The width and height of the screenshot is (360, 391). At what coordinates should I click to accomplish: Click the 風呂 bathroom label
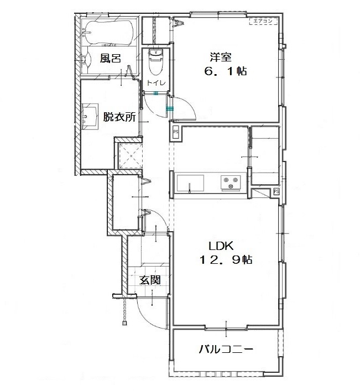(110, 59)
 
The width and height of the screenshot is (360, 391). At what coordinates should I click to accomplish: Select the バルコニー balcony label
(226, 350)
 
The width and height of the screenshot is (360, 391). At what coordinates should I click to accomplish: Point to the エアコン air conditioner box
(262, 22)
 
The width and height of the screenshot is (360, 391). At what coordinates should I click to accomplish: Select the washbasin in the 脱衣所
(90, 117)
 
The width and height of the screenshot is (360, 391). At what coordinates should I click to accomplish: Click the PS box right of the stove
(275, 191)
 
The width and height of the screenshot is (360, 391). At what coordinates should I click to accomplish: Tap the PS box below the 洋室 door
(176, 132)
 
